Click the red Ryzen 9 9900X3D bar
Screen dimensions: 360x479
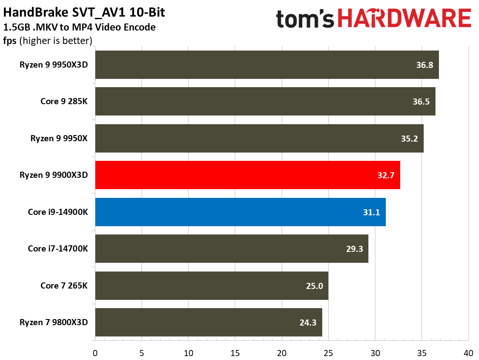[x=247, y=175]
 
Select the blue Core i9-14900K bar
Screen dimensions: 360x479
[x=240, y=212]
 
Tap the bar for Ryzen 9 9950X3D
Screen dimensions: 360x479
[x=266, y=65]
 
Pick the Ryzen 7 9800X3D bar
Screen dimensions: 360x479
[x=208, y=323]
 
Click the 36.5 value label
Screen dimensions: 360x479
[x=421, y=102]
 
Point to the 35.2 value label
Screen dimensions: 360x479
[x=409, y=139]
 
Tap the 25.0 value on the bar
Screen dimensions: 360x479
[x=314, y=286]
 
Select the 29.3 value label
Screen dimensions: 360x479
[x=354, y=249]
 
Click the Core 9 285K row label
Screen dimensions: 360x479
[x=64, y=102]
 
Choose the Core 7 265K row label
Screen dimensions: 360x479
[x=64, y=286]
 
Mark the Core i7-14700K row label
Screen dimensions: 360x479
[x=58, y=249]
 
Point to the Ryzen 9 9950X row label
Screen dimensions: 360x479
[x=59, y=139]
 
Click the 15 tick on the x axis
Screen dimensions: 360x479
[x=235, y=352]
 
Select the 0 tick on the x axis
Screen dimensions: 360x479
[x=95, y=352]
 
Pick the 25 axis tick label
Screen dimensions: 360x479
[x=328, y=352]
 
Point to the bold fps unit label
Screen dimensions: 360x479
[x=10, y=41]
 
